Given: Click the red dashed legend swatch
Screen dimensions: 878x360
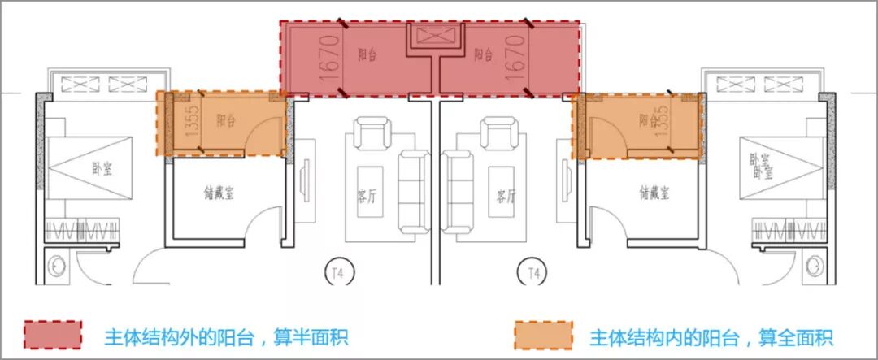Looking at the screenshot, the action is [53, 335].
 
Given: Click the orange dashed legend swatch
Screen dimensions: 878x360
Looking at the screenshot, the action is [542, 335].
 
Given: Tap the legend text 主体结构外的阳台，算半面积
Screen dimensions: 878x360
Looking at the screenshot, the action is [226, 336].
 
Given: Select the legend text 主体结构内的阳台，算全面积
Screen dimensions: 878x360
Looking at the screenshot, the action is [711, 336].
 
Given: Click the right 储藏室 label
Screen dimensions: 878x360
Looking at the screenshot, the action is [654, 193].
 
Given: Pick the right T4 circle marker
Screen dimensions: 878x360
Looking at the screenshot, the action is [533, 271].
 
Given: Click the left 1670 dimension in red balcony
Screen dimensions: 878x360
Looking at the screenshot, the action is [329, 56].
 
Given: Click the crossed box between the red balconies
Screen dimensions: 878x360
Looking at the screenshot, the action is [428, 37].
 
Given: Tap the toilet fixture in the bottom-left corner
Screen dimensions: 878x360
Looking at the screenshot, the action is [57, 266].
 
